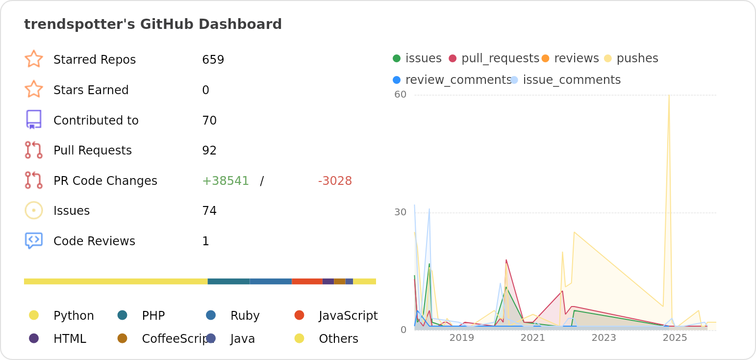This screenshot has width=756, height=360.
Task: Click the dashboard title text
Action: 152,25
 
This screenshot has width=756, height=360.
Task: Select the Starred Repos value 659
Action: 213,60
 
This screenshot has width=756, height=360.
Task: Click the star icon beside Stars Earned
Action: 33,90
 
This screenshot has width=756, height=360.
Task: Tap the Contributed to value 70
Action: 209,121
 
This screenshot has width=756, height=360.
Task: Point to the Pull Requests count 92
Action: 209,151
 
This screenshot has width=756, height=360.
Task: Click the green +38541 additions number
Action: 226,181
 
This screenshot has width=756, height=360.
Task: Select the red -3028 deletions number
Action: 335,181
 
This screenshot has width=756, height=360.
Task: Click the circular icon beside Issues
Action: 33,210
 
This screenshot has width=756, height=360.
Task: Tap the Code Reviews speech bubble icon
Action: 33,241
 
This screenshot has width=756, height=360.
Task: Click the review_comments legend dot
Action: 397,80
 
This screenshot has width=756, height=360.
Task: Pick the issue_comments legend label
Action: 572,80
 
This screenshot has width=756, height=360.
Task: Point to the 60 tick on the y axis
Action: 401,94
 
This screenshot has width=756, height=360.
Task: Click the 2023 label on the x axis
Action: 604,338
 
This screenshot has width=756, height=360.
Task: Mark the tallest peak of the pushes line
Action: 669,96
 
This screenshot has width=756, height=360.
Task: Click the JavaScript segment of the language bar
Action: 307,282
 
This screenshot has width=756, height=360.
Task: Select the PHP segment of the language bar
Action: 228,282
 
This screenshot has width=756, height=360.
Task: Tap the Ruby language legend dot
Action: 211,315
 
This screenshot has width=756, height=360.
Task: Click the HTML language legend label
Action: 70,339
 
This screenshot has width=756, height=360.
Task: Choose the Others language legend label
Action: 338,339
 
